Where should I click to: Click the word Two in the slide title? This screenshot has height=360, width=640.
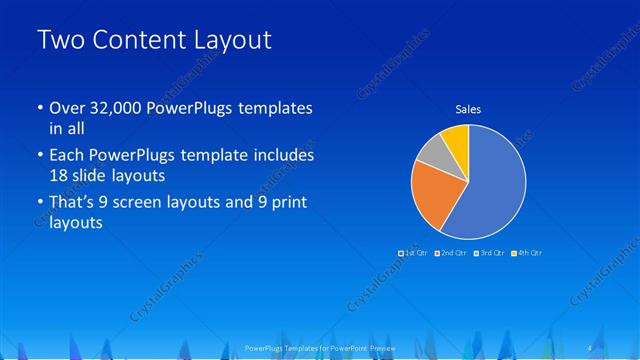pos(58,41)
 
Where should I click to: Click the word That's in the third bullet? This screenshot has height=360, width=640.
pos(73,204)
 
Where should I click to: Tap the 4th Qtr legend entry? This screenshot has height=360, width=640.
pos(526,253)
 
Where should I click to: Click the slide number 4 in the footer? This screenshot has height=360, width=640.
pos(592,347)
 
